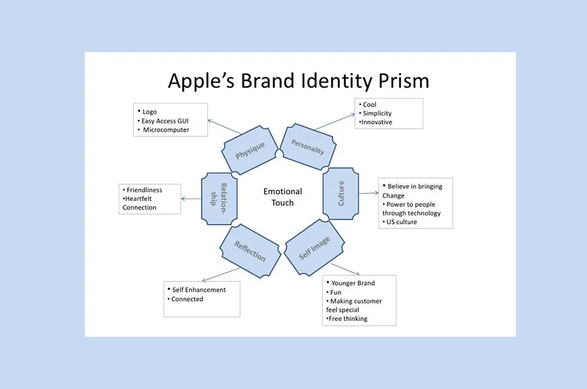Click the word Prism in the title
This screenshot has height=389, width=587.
[405, 81]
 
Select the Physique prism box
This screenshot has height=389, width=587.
[250, 150]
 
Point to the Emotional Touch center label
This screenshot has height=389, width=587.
[283, 196]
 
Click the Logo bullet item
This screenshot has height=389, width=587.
[150, 112]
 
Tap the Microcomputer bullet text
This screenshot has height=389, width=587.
[166, 130]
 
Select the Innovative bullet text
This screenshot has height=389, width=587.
[378, 122]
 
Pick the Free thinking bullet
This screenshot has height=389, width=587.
[349, 319]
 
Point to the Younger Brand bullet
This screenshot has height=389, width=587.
[354, 283]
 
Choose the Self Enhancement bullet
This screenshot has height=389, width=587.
[198, 290]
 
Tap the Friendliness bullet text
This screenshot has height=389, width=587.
[145, 190]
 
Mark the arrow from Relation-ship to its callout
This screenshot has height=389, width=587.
[191, 198]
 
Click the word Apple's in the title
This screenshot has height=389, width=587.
[202, 81]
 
